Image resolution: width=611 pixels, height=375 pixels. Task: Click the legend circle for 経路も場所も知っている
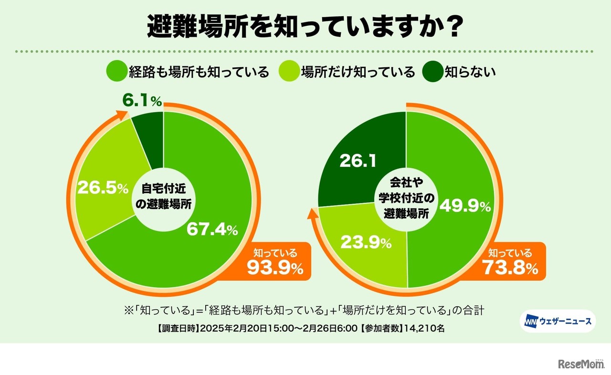pyautogui.click(x=116, y=72)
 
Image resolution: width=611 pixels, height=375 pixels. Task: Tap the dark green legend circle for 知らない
pyautogui.click(x=433, y=72)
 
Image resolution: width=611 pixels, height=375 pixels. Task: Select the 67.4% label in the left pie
pyautogui.click(x=211, y=229)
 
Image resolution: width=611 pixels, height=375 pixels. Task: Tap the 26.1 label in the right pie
pyautogui.click(x=358, y=161)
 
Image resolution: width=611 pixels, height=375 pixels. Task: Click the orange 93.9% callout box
pyautogui.click(x=277, y=262)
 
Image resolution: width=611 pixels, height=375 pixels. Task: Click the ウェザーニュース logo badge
pyautogui.click(x=558, y=321)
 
